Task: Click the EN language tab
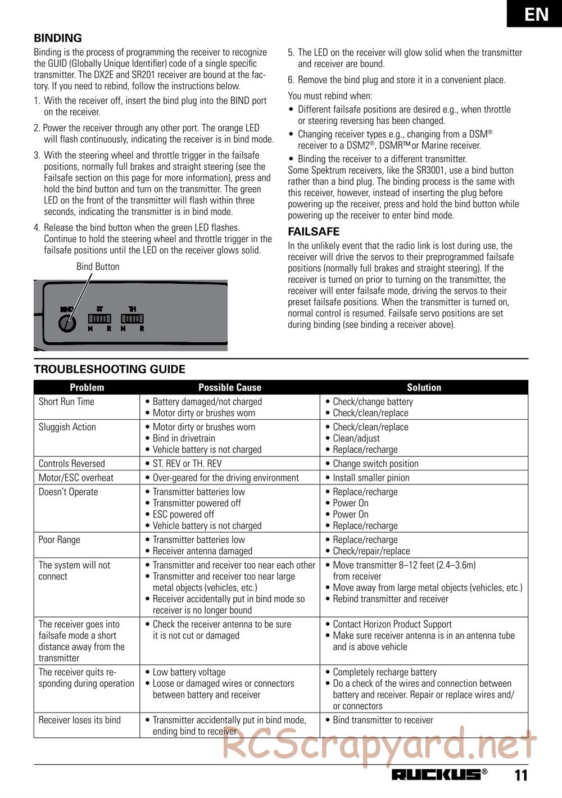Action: coord(536,13)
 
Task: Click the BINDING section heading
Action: coord(58,38)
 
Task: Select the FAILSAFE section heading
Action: coord(314,232)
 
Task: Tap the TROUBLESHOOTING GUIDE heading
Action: coord(110,369)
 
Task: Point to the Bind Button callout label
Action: coord(98,266)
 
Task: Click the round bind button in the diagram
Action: coord(67,324)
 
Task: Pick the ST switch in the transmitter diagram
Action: coord(99,319)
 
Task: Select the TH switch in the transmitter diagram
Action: coord(132,319)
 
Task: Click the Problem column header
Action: coord(87,387)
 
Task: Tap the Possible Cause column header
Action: coord(230,387)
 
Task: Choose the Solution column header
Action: coord(424,387)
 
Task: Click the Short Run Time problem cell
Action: coord(66,402)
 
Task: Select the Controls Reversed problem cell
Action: coord(71,464)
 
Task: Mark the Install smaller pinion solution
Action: coord(371,478)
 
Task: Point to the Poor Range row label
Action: coord(59,539)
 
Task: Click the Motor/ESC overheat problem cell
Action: coord(76,478)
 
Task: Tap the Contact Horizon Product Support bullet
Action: coord(392,624)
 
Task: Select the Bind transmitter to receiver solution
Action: coord(383,720)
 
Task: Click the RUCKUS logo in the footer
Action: coord(437,774)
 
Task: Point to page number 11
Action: coord(521,775)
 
